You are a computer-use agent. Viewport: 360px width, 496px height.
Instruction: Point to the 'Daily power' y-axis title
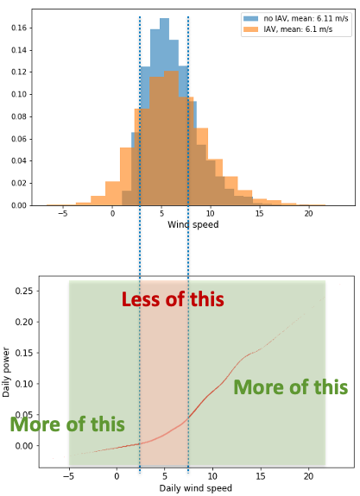[7, 372]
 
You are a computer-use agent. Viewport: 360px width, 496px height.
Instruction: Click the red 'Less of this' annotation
[173, 300]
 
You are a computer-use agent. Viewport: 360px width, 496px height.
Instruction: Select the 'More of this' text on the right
[290, 387]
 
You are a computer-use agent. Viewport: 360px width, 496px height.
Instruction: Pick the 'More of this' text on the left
[67, 424]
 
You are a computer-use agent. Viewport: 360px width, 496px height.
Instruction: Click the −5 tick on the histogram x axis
[62, 213]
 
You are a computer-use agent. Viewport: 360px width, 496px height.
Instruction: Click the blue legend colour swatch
[250, 18]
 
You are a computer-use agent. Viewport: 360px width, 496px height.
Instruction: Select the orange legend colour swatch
[250, 29]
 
